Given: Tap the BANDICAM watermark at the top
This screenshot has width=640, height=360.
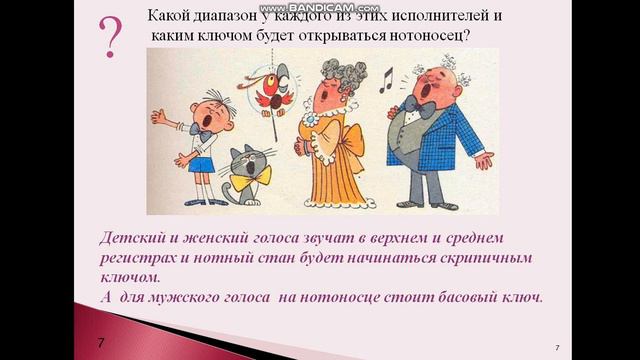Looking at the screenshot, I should pos(319,6).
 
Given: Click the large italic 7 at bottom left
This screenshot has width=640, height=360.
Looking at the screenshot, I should pos(102,343).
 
